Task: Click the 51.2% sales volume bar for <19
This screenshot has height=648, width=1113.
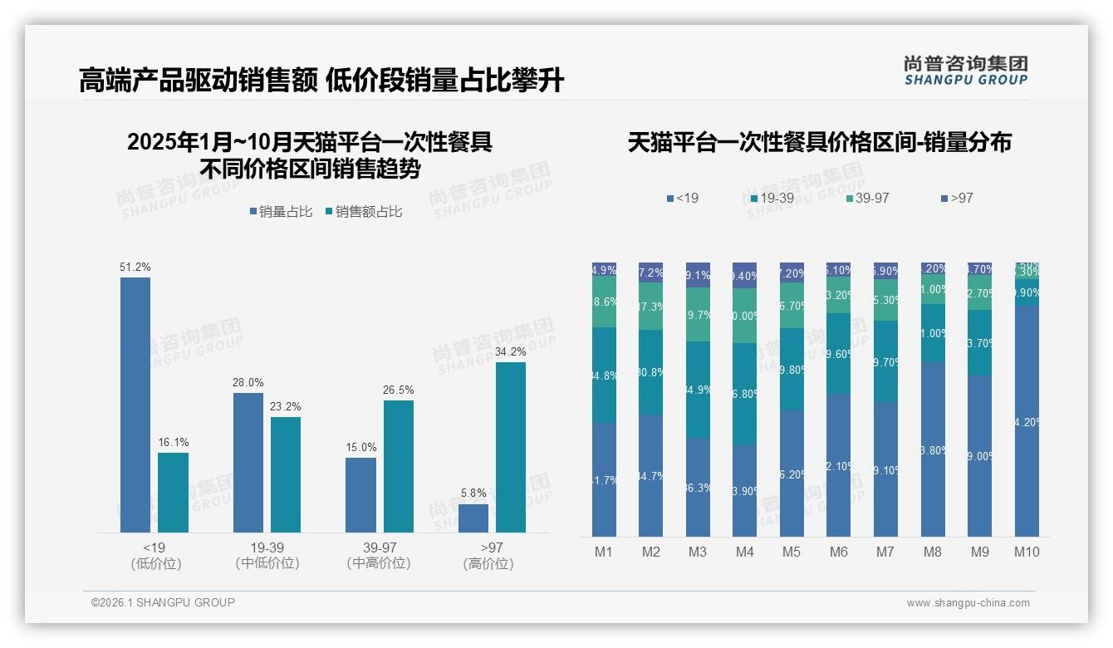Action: pos(135,405)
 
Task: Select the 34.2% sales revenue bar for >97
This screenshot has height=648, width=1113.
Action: pos(511,447)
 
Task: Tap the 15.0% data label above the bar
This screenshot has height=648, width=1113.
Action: pos(361,448)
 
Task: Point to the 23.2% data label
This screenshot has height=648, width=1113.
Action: pos(286,407)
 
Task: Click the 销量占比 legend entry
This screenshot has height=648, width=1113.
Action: pos(281,212)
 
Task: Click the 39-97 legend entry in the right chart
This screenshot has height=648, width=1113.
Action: pos(868,199)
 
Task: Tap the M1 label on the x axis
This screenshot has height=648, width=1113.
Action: pos(604,552)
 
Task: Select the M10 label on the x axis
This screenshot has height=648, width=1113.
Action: pos(1027,552)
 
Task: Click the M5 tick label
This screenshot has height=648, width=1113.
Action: pos(792,552)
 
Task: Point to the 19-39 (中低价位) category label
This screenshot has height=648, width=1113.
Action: pos(267,555)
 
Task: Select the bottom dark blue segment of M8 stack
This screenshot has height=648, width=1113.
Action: pos(933,449)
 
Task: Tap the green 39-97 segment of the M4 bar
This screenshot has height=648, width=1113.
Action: pos(745,316)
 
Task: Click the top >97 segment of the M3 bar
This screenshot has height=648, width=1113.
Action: pos(698,275)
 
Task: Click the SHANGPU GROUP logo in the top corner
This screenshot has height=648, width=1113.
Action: pos(965,70)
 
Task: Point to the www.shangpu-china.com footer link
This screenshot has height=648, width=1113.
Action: pos(968,603)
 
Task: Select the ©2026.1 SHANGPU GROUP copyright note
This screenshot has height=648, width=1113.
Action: pos(163,602)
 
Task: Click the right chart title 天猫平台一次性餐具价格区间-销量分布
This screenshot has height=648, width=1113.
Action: pos(819,142)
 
